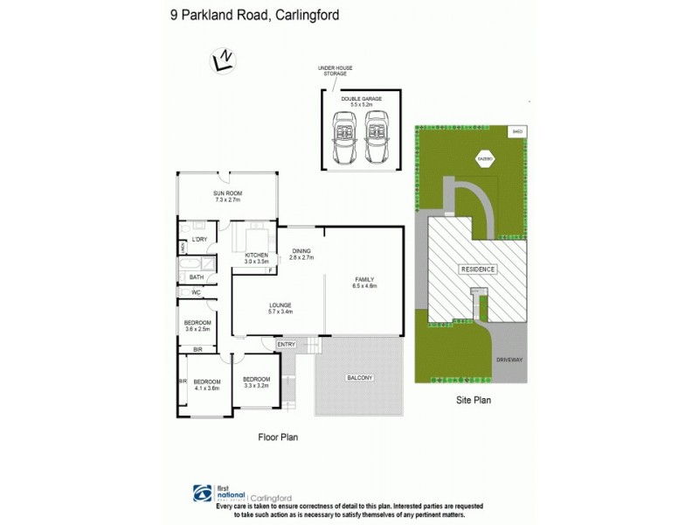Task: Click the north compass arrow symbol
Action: coord(224,59)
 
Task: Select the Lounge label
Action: coord(280,307)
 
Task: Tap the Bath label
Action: coord(197,276)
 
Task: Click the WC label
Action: coord(196,291)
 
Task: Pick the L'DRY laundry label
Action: coord(198,239)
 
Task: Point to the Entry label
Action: coord(286,345)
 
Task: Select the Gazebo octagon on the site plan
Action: coord(483,158)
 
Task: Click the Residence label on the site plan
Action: coord(479,269)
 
